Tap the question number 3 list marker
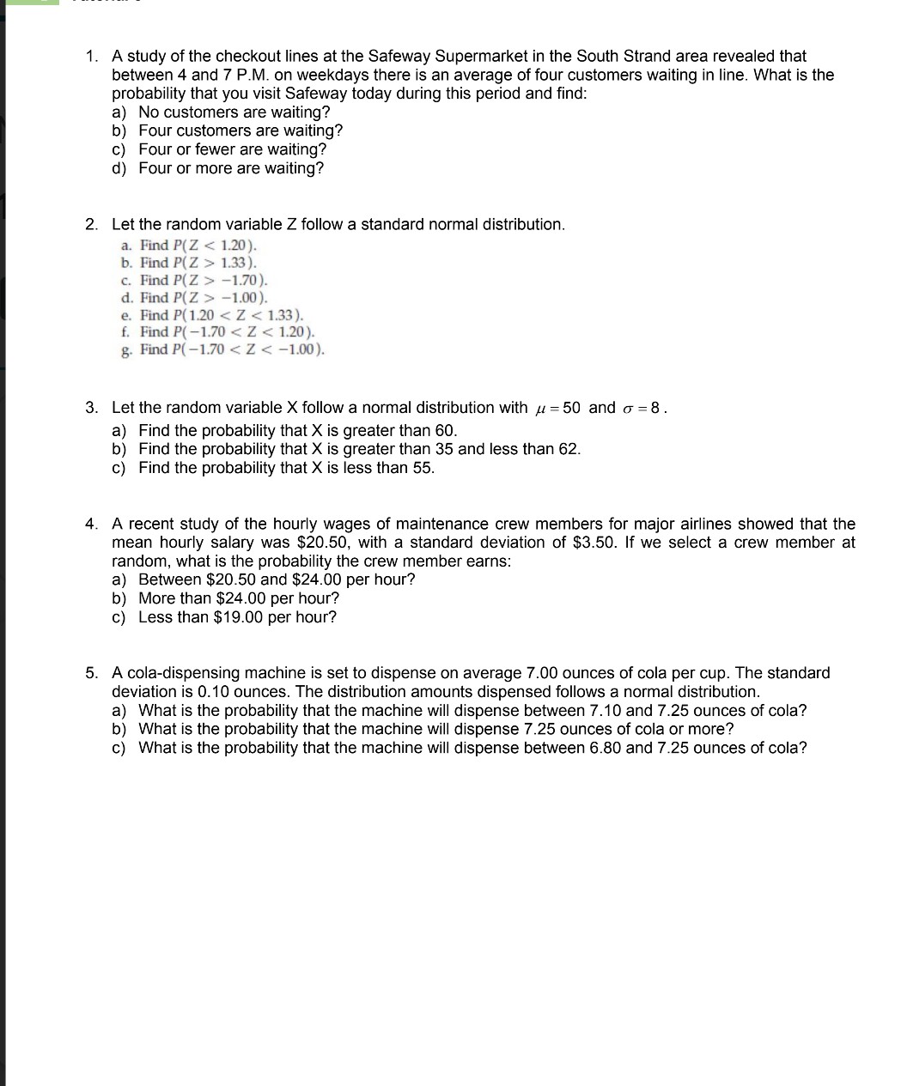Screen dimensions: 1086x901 (x=91, y=408)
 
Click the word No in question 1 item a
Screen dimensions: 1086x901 (x=149, y=112)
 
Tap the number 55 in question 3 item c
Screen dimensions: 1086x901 (x=422, y=468)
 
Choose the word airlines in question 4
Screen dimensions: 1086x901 (x=702, y=524)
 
